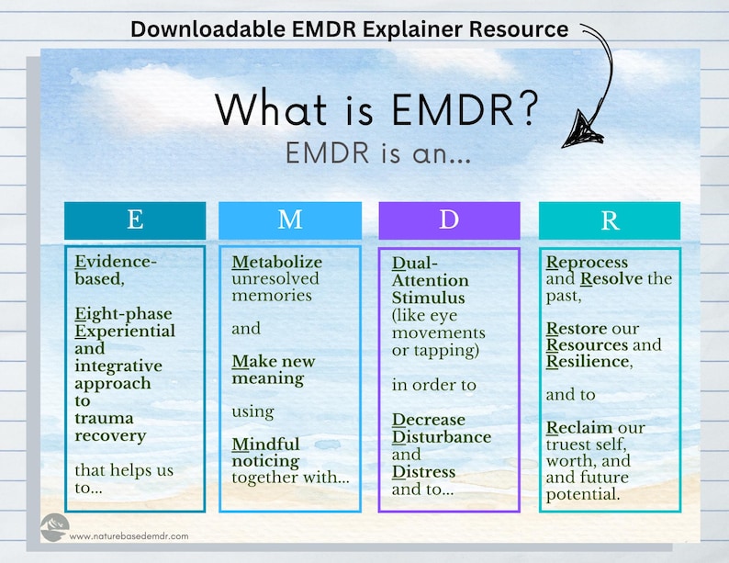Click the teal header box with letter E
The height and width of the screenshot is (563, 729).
tap(135, 220)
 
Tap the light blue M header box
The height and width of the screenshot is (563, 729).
tap(290, 220)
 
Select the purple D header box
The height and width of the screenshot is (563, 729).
tap(449, 220)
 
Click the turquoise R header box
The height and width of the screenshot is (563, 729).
tap(609, 220)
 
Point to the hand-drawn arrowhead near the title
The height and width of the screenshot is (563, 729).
tap(580, 129)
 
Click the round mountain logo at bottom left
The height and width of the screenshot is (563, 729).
tap(54, 527)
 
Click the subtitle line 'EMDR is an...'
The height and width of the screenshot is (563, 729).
tap(378, 153)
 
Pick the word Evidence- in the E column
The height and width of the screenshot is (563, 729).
tap(116, 262)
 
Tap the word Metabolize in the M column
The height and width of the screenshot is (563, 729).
tap(276, 262)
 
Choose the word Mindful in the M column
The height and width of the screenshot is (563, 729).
tap(265, 445)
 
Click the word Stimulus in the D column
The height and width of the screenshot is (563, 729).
tap(429, 298)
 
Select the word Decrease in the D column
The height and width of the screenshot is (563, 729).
tap(429, 420)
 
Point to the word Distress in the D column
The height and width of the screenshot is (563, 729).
tap(423, 472)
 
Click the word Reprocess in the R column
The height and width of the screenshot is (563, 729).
tap(588, 262)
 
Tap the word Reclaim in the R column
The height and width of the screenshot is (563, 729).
tap(582, 428)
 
